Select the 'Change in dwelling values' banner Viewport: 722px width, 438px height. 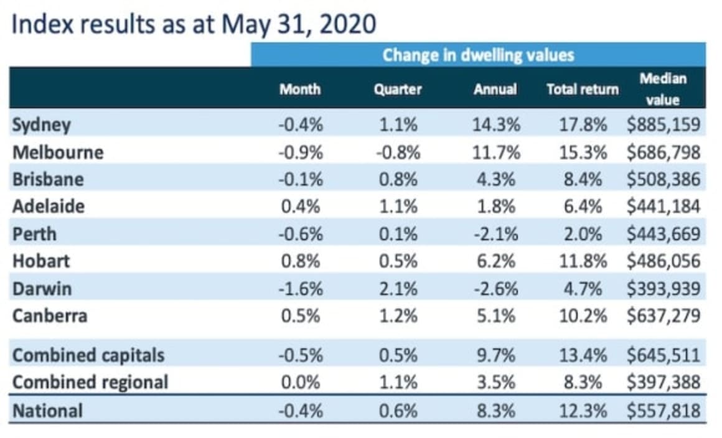coord(478,55)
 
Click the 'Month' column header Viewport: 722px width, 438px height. coord(300,89)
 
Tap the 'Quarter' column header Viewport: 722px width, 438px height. coord(398,89)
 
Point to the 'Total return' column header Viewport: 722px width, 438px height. coord(583,89)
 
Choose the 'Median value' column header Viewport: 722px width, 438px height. coord(662,89)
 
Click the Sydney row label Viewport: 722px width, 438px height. coord(42,124)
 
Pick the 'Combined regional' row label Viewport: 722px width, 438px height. coord(90,382)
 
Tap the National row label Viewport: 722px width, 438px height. coord(47,411)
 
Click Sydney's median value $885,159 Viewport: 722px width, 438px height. coord(663,124)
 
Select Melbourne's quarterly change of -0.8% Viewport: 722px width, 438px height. coord(398,152)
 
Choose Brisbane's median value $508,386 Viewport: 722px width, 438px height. coord(663,179)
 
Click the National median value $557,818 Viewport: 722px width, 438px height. coord(663,411)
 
